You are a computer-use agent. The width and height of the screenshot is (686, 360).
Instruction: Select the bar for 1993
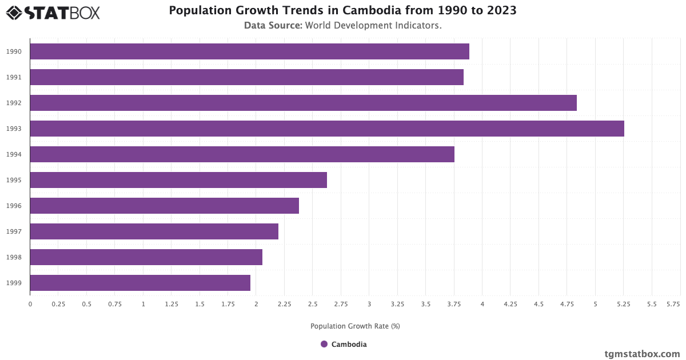(326, 129)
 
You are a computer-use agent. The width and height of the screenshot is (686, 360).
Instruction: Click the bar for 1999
(140, 283)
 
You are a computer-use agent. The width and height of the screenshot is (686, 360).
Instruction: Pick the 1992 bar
(303, 103)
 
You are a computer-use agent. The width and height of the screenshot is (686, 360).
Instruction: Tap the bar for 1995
(178, 180)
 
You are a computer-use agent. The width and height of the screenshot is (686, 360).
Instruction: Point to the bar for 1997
(154, 231)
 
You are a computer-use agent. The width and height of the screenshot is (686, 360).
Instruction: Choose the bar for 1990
(249, 51)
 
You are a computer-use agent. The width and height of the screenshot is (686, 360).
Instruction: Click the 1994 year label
(14, 154)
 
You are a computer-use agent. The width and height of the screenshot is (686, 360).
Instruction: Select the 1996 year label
(14, 206)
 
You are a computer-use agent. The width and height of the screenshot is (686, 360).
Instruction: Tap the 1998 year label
(14, 257)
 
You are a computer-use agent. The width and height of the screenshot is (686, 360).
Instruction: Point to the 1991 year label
(14, 77)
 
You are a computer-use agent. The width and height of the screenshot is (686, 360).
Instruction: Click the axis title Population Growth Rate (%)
(355, 326)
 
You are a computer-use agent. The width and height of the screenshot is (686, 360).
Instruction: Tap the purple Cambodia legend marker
(324, 344)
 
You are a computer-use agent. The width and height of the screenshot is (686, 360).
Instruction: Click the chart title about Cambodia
(342, 11)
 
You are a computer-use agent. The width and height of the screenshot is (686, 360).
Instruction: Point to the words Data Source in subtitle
(273, 25)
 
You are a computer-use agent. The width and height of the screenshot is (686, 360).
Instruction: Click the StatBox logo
(53, 12)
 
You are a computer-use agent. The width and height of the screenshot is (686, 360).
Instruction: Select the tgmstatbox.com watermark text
(642, 354)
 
